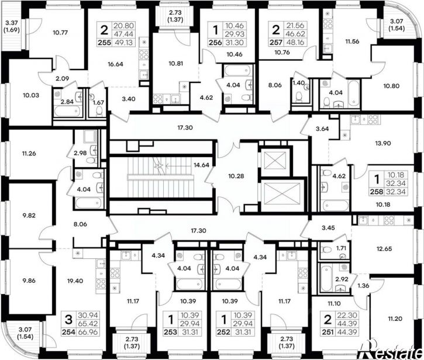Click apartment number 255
(104, 43)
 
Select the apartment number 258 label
(377, 192)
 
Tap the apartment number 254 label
(68, 331)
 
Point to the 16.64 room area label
(115, 64)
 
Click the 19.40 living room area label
(75, 281)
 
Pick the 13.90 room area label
(383, 143)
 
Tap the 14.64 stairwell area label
(201, 165)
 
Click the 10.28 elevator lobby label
(236, 176)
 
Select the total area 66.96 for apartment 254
(88, 331)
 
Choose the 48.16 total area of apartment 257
(295, 42)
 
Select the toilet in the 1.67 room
(99, 111)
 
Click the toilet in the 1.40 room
(299, 97)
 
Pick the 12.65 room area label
(384, 248)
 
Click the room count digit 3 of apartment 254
(69, 320)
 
